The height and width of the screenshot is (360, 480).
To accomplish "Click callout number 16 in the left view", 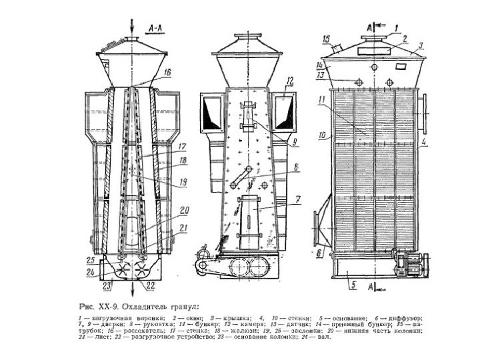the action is click(x=168, y=71).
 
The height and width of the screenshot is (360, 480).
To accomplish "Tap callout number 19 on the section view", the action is click(x=182, y=181).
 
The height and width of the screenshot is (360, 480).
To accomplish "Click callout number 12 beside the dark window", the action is click(x=291, y=81).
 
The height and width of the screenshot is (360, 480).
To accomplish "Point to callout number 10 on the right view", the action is click(x=321, y=135).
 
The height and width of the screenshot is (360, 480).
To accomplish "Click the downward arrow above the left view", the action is click(x=133, y=25).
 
